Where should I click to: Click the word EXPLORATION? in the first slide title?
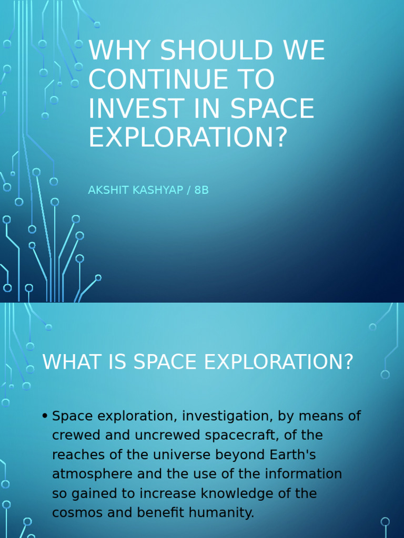coord(188,137)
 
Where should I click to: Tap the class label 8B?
coord(201,190)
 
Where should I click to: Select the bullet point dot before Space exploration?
coord(45,417)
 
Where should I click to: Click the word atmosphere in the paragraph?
coord(93,474)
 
